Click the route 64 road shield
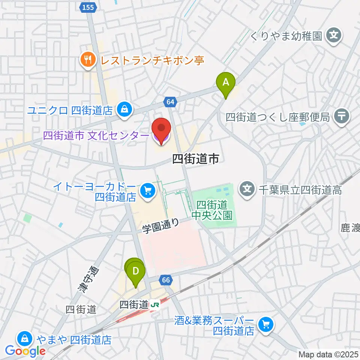pyautogui.click(x=170, y=102)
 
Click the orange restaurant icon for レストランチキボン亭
pyautogui.click(x=87, y=59)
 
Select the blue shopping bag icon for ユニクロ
pyautogui.click(x=123, y=110)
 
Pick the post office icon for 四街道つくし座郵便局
pyautogui.click(x=341, y=117)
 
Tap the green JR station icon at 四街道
pyautogui.click(x=154, y=305)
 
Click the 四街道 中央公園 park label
pyautogui.click(x=212, y=210)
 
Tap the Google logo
pyautogui.click(x=25, y=351)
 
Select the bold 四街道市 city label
pyautogui.click(x=195, y=159)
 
